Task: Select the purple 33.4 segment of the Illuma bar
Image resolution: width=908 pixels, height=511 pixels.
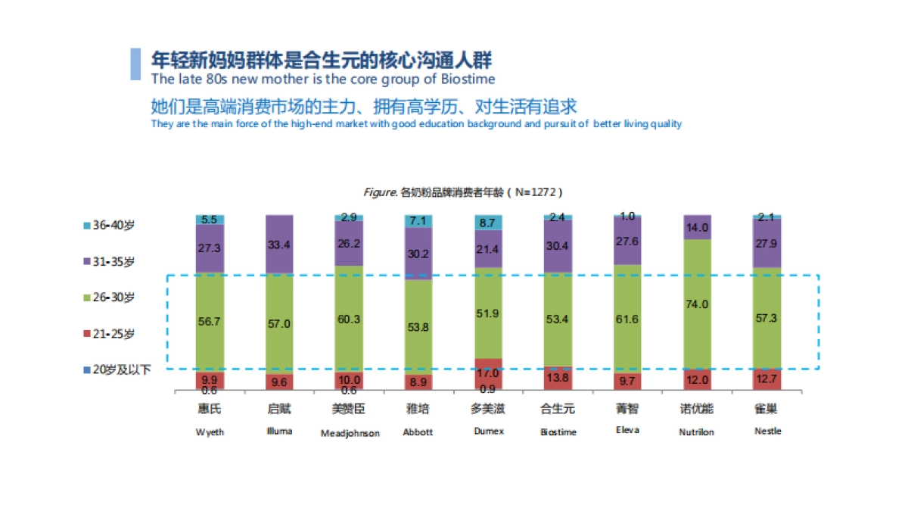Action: (x=279, y=244)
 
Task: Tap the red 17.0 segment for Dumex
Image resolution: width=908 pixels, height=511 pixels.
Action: (x=488, y=372)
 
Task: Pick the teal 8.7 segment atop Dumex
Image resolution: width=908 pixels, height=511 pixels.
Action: (x=488, y=223)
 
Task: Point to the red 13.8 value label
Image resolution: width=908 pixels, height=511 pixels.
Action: (x=558, y=376)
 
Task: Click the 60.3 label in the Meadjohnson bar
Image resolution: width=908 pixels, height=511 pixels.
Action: (x=349, y=319)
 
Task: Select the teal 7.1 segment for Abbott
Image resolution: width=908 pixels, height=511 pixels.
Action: (x=418, y=220)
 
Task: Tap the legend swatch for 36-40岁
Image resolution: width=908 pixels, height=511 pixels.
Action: (x=86, y=226)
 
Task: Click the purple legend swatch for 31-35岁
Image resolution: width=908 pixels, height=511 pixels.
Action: (x=86, y=262)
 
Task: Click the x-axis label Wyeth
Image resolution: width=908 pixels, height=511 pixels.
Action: (x=210, y=432)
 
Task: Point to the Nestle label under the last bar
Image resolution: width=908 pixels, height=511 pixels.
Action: (x=767, y=431)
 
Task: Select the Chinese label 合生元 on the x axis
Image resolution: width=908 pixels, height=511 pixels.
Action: (x=558, y=409)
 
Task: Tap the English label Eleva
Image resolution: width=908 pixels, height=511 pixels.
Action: (x=627, y=430)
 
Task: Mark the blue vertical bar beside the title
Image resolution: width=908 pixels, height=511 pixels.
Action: (x=135, y=64)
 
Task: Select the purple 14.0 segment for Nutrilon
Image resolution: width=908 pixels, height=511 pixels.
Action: (x=697, y=227)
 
